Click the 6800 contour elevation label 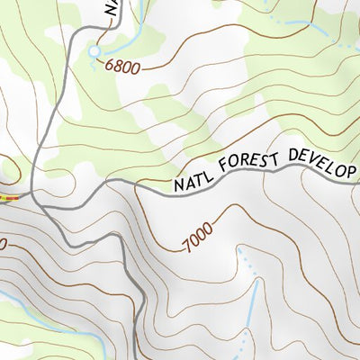pyautogui.click(x=124, y=65)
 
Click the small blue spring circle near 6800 pyautogui.click(x=94, y=53)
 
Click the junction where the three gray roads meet pyautogui.click(x=33, y=194)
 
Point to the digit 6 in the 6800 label pyautogui.click(x=110, y=65)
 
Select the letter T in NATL pyautogui.click(x=198, y=182)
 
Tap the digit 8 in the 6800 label pyautogui.click(x=120, y=65)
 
